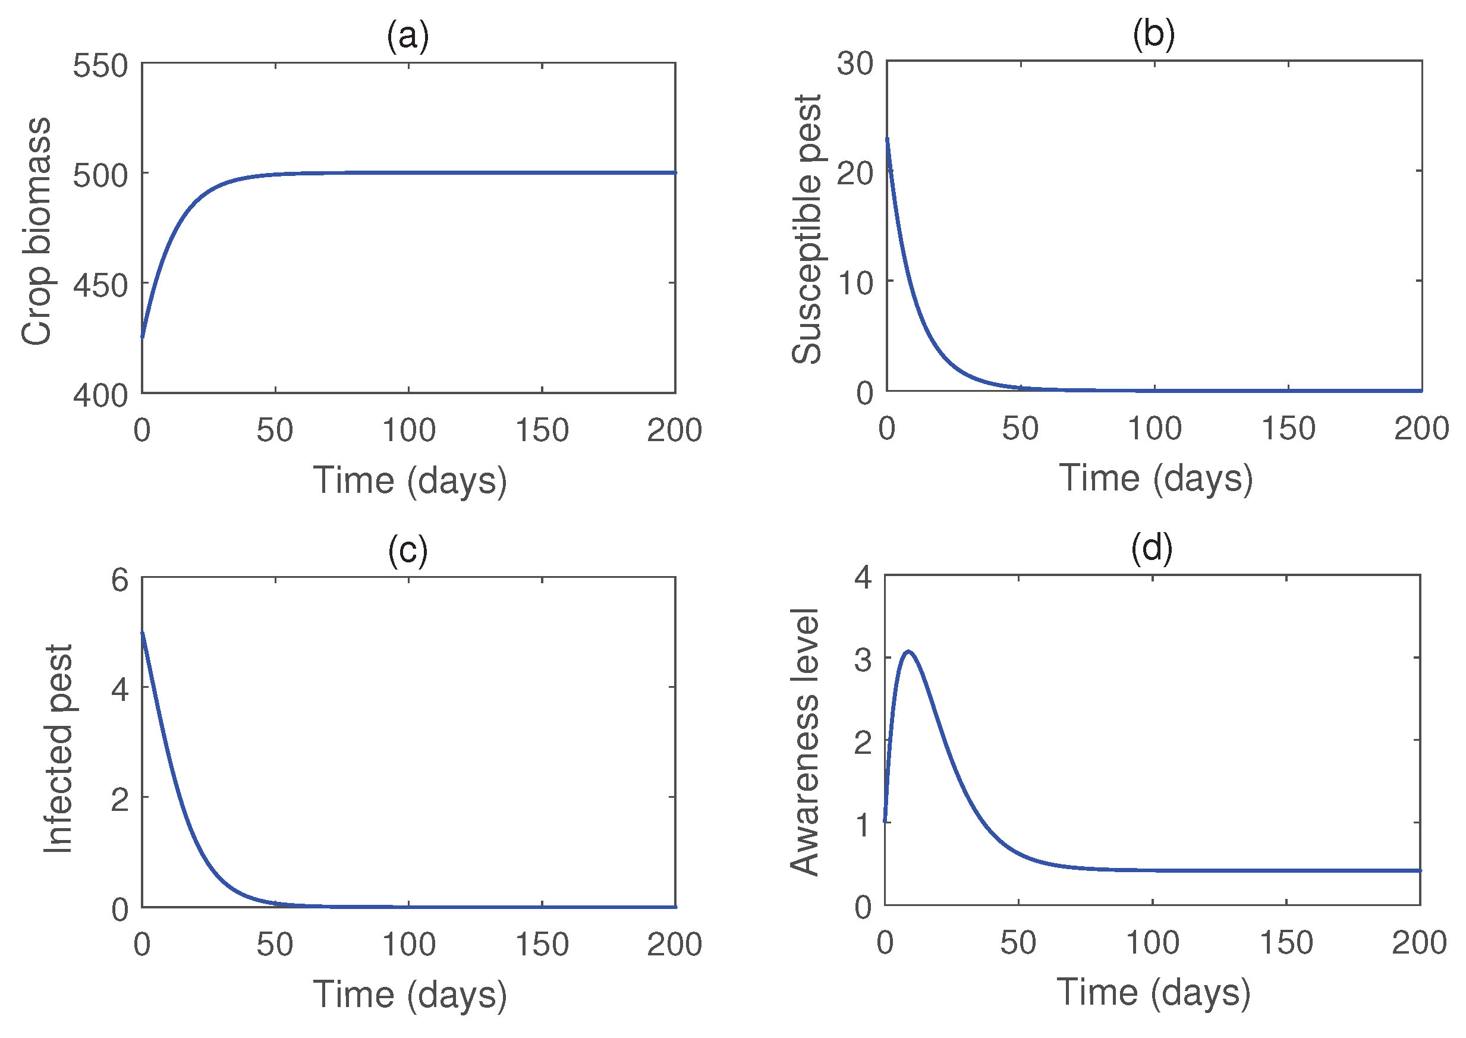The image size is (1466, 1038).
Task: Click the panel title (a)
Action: point(407,36)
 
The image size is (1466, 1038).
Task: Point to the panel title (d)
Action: point(1151,548)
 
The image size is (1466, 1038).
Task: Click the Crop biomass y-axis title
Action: point(36,231)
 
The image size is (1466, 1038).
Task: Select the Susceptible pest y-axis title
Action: point(807,229)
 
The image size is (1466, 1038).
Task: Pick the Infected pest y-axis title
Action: point(59,748)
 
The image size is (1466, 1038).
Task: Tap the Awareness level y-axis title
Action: point(804,741)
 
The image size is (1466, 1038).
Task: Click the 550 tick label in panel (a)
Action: point(100,66)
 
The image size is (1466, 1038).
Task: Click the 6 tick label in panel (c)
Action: point(119,580)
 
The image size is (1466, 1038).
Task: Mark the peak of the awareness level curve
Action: point(907,652)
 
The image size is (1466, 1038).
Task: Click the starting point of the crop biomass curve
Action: point(143,336)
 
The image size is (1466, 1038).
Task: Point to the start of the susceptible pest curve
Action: point(887,139)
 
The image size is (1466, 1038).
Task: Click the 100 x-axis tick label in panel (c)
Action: point(408,944)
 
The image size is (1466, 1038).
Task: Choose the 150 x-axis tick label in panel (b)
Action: point(1288,428)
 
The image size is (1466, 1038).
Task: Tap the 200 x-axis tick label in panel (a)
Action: point(674,430)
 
